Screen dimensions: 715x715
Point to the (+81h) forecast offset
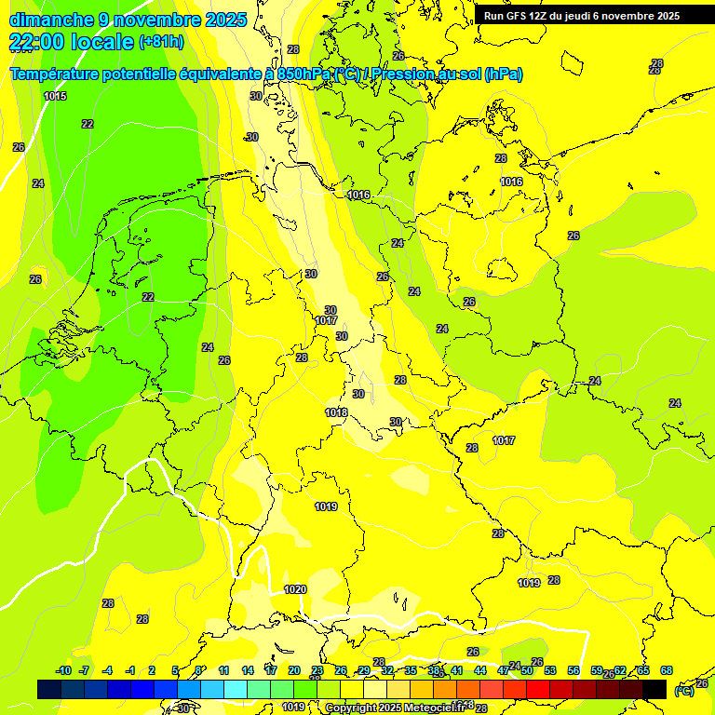pyautogui.click(x=161, y=42)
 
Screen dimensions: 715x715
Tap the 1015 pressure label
pyautogui.click(x=55, y=96)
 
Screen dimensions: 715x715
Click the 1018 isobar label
pyautogui.click(x=336, y=412)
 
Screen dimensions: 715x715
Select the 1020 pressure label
pyautogui.click(x=295, y=589)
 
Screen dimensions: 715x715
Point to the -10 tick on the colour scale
pyautogui.click(x=63, y=670)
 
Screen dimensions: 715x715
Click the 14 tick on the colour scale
pyautogui.click(x=248, y=670)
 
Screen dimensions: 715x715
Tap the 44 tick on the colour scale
pyautogui.click(x=480, y=670)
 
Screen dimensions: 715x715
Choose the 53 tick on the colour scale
pyautogui.click(x=550, y=670)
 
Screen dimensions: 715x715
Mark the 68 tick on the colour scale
pyautogui.click(x=667, y=670)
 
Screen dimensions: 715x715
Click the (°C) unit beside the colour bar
pyautogui.click(x=684, y=690)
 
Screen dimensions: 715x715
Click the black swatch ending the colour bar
pyautogui.click(x=654, y=689)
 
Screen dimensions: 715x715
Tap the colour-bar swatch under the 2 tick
pyautogui.click(x=155, y=689)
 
